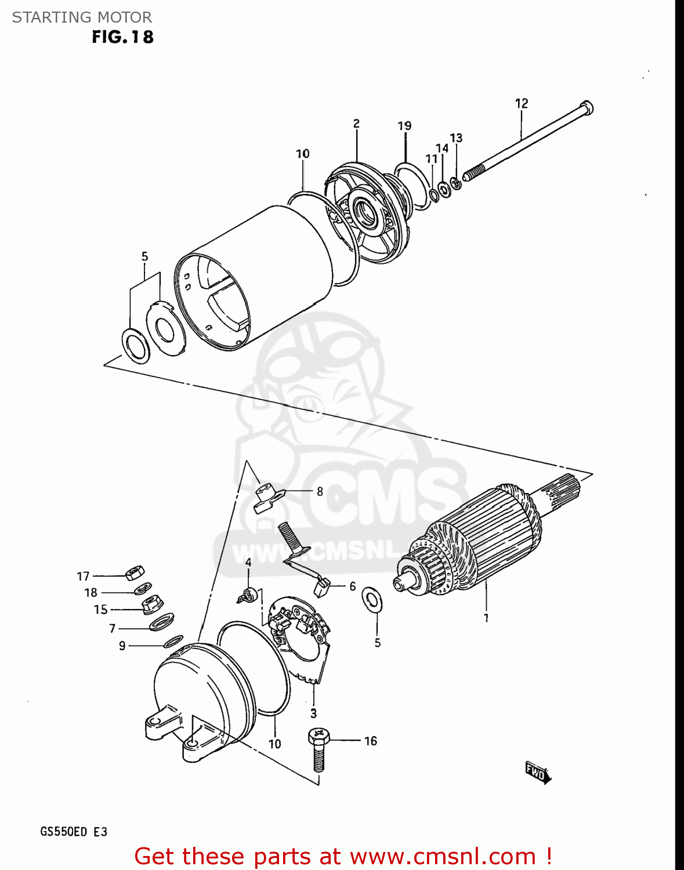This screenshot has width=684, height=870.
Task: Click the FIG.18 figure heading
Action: [122, 37]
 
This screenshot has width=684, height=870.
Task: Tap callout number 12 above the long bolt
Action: [522, 103]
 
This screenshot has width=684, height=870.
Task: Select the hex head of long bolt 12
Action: [587, 108]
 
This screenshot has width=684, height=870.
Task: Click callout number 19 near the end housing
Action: [404, 126]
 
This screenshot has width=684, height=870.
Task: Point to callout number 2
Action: [356, 124]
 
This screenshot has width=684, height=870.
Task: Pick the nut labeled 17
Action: [135, 572]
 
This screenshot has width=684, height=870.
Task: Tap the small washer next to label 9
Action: [173, 641]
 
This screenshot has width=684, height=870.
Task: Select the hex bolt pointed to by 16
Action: [318, 748]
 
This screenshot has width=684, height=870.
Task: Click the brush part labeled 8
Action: [267, 498]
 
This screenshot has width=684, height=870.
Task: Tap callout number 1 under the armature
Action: [486, 618]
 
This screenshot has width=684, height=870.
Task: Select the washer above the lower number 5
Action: [372, 600]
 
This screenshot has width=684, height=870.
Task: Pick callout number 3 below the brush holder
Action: [313, 713]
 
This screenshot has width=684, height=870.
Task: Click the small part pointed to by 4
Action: [249, 594]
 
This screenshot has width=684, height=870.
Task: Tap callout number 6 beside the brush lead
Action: [352, 586]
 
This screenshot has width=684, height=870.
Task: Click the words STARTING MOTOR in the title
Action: [82, 17]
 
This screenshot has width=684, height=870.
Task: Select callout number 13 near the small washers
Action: [457, 138]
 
